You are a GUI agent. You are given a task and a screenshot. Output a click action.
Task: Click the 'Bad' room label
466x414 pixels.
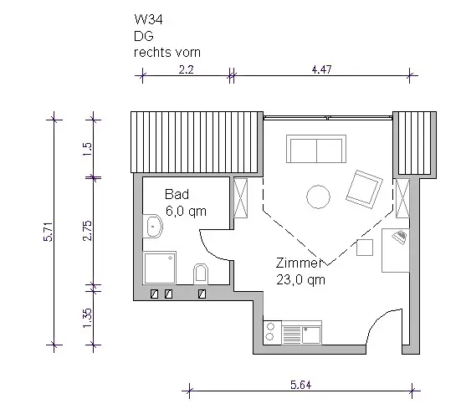(177, 194)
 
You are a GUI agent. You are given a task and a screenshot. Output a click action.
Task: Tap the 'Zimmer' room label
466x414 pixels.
(299, 263)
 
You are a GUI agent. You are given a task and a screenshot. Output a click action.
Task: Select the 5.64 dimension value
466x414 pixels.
(300, 385)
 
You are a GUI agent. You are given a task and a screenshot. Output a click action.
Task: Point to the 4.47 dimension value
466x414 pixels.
(321, 69)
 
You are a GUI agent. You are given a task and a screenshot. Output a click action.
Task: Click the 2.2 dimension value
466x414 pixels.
(186, 70)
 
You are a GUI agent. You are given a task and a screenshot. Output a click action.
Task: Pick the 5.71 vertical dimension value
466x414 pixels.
(49, 232)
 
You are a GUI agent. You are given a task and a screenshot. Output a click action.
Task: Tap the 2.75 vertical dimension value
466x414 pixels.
(88, 231)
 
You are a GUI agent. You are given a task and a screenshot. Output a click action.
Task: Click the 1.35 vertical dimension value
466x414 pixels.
(88, 318)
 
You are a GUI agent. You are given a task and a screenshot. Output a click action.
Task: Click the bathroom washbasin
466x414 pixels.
(153, 226)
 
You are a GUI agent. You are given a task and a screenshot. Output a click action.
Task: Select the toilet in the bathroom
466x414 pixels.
(201, 273)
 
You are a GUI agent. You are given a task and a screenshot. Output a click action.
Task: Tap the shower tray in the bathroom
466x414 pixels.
(160, 268)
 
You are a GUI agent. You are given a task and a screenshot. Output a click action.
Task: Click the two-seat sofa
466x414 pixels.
(316, 149)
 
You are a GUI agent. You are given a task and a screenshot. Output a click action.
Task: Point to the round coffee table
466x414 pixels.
(318, 197)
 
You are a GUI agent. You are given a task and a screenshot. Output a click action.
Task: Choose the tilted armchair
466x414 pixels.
(365, 189)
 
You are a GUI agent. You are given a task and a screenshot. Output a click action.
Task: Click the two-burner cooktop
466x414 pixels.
(272, 332)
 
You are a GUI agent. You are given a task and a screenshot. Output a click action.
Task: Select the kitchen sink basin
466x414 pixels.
(311, 335)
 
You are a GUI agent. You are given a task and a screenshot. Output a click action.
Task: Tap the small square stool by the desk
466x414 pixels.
(365, 248)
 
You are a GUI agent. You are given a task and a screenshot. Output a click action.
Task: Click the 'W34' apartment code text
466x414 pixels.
(148, 19)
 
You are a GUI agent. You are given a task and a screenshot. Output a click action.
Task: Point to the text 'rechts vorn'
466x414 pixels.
(167, 53)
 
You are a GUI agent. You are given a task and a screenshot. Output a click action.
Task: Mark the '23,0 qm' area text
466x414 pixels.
(300, 280)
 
